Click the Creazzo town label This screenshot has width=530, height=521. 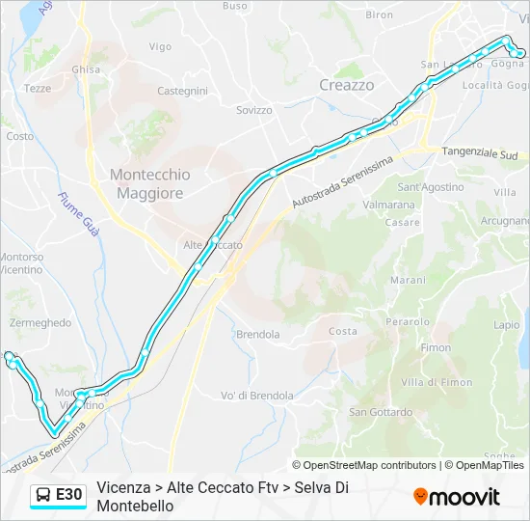point(346,85)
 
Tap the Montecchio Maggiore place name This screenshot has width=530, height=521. point(149,183)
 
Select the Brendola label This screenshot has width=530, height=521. point(257,335)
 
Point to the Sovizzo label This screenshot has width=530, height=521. point(254,110)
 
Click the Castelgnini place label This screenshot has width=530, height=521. point(182,91)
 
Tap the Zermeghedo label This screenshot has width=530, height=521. point(40,323)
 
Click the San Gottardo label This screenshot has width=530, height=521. point(381,412)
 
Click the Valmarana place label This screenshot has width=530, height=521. point(388,205)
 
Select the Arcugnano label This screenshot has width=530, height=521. point(504,221)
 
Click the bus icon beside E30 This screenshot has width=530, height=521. point(43,495)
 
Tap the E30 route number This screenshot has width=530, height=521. point(68,495)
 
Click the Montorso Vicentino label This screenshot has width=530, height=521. point(21,263)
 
